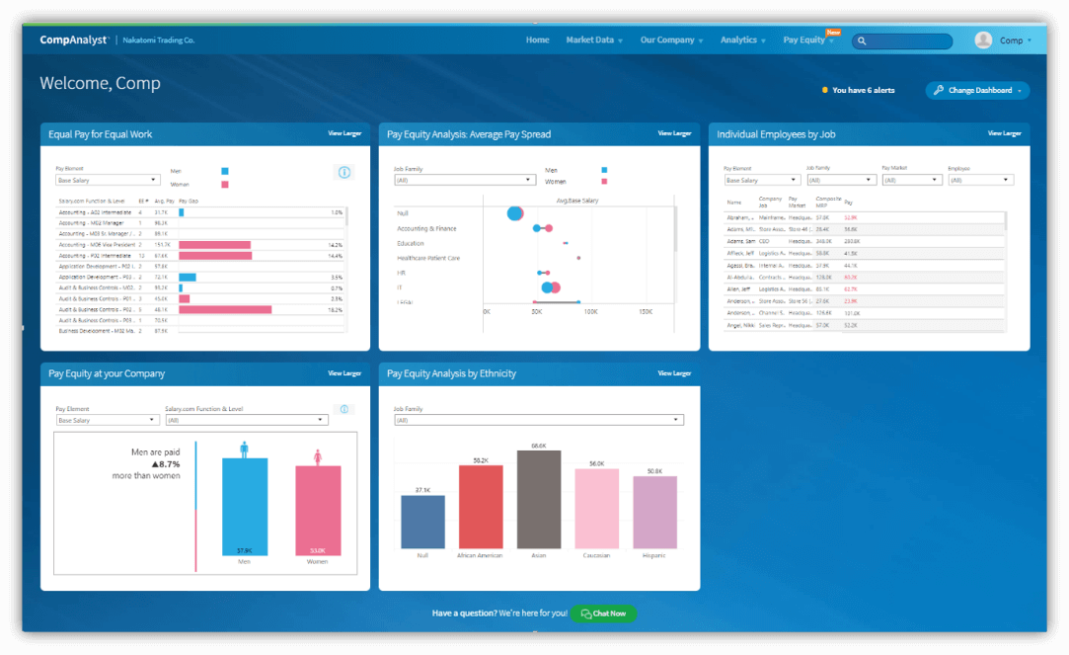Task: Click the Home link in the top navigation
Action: [x=537, y=41]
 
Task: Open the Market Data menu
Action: [x=593, y=41]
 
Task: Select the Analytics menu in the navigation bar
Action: [x=742, y=41]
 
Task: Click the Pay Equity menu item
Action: [x=807, y=41]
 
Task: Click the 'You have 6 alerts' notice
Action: [x=859, y=90]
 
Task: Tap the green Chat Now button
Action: [x=604, y=614]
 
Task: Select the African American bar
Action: [x=481, y=507]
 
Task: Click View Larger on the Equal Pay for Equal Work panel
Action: [x=344, y=133]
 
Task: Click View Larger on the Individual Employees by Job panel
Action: [x=1004, y=133]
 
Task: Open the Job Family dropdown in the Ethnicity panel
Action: [x=538, y=420]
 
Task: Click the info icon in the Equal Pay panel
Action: [x=344, y=172]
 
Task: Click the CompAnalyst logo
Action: [x=74, y=41]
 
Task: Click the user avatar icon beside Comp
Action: [x=983, y=41]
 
